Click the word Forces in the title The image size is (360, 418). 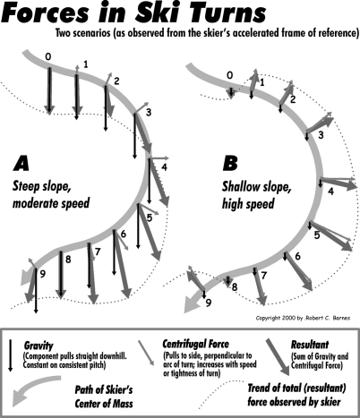pos(46,13)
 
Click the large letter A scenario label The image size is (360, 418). pos(21,164)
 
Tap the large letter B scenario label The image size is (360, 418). pos(230,164)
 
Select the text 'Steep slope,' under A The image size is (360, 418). pos(42,187)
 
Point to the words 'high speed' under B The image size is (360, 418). pos(248,204)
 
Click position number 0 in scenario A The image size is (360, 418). pos(48,56)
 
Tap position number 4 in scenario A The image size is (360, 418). pos(164,167)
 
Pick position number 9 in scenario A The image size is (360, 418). pos(42,274)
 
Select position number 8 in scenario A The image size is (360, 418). pos(68,260)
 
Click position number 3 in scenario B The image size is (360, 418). pos(321,135)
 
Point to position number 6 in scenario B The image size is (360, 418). pos(297,256)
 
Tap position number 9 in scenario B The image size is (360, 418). pos(209,303)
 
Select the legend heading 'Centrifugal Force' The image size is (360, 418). pos(195,344)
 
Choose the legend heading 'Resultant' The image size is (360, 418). pos(310,345)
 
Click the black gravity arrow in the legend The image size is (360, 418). pos(11,355)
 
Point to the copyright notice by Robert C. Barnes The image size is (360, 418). pos(303,318)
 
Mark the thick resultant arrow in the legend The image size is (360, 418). pos(278,356)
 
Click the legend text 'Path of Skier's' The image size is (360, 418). pos(104,390)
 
